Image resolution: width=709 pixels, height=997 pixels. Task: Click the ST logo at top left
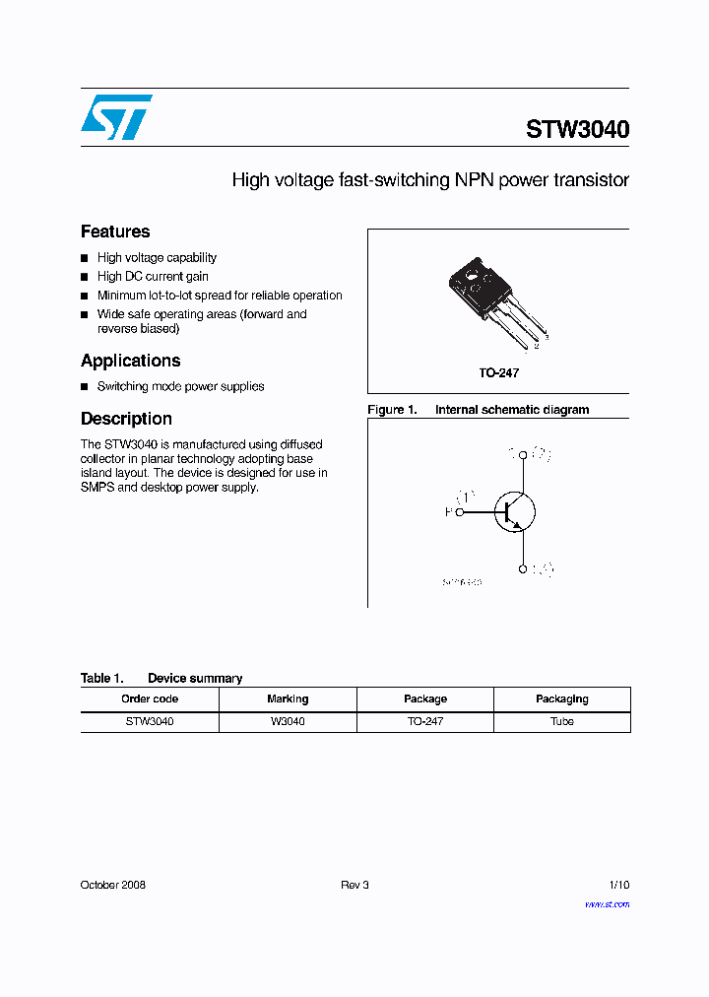(116, 116)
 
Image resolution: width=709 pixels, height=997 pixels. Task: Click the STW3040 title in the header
(577, 130)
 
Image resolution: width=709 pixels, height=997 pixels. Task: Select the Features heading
(115, 232)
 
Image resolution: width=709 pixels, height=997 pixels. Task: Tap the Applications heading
(130, 361)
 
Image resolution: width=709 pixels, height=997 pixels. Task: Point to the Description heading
(126, 419)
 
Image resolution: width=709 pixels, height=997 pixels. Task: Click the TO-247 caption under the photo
(498, 373)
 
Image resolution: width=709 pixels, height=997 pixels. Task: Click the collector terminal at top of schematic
(522, 455)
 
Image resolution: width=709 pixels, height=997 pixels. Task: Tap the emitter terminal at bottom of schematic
(522, 568)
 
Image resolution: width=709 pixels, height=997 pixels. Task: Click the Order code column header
(150, 698)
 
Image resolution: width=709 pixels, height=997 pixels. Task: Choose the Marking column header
(288, 698)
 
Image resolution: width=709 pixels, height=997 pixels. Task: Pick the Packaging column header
(562, 698)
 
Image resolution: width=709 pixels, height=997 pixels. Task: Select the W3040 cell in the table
(288, 721)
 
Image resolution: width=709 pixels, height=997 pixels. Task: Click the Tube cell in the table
(562, 721)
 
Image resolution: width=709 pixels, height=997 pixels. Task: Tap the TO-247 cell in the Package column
(425, 721)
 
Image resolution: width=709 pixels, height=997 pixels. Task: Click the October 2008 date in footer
(112, 885)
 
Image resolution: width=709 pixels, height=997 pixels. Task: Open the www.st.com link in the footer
(607, 903)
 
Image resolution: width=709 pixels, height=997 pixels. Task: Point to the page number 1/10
(618, 885)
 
